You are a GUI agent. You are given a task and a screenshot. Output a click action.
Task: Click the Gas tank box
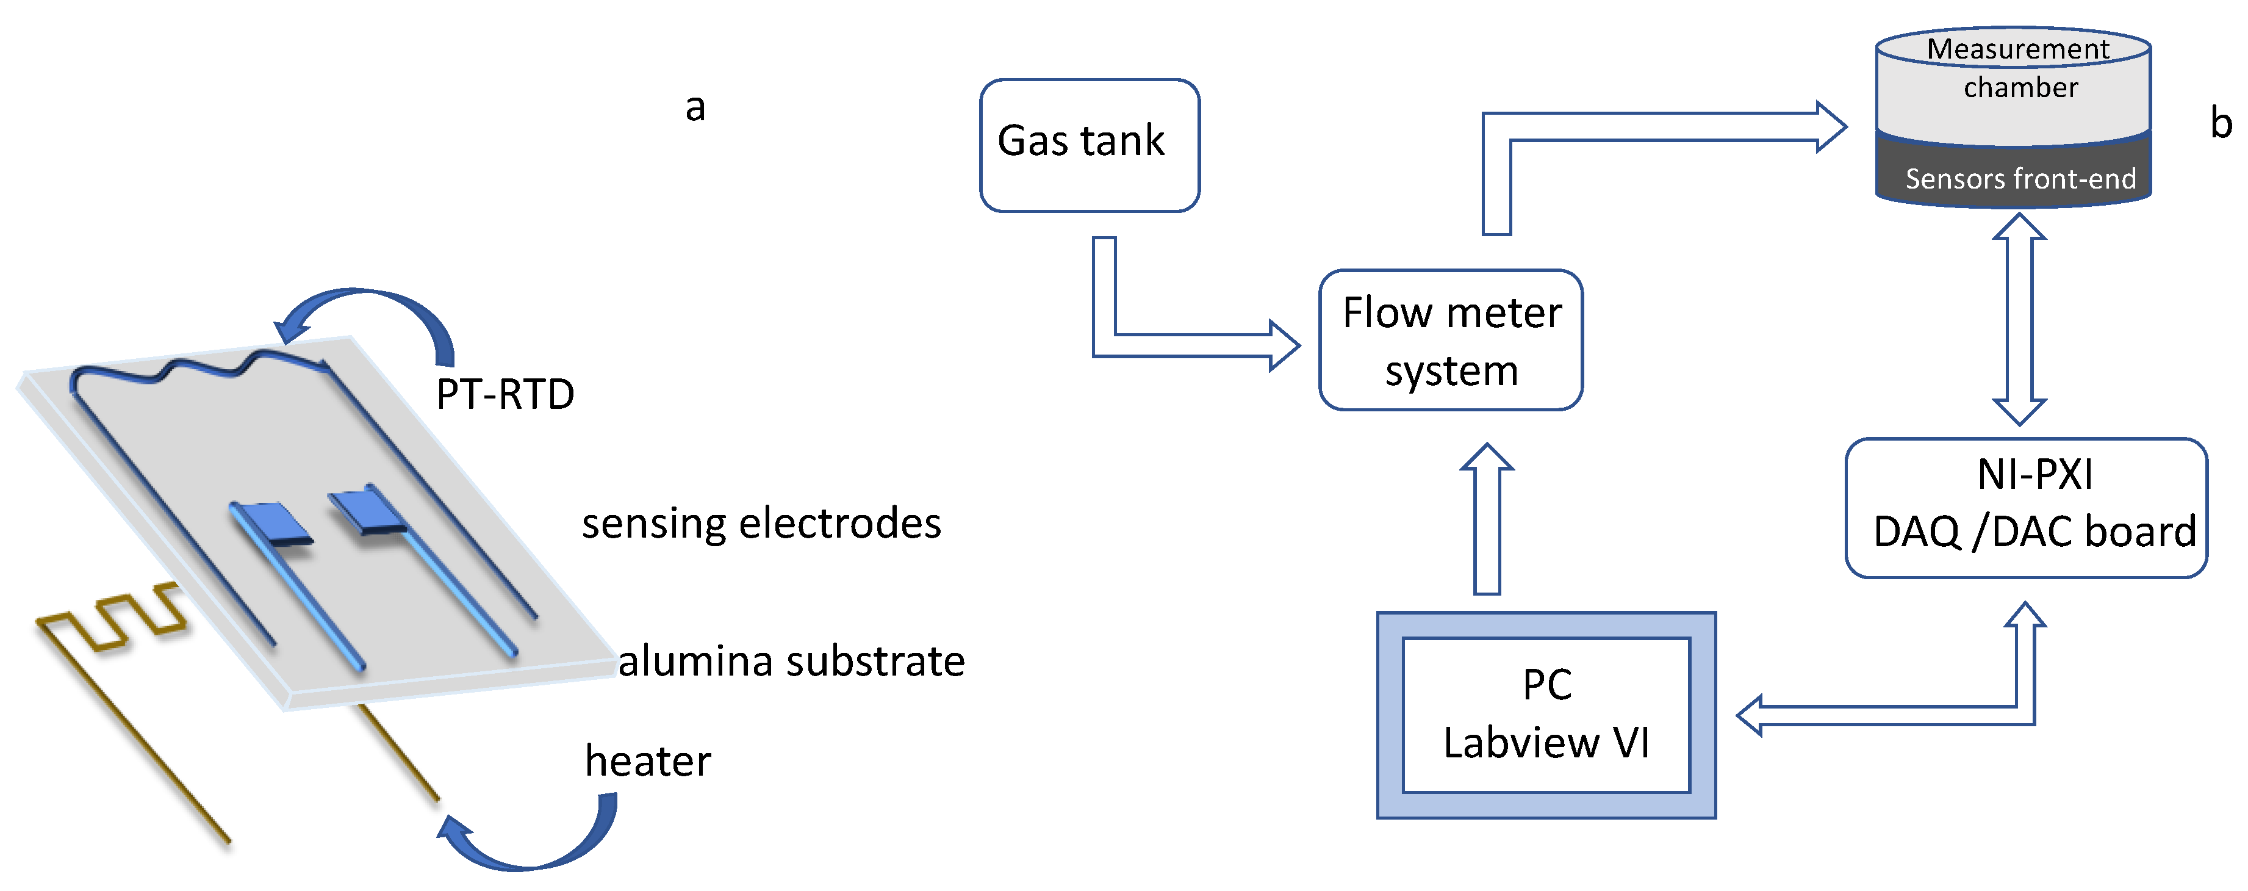pyautogui.click(x=1089, y=145)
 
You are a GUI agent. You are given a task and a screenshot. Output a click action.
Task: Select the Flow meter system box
pyautogui.click(x=1451, y=341)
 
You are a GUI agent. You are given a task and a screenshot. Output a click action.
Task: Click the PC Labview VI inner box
pyautogui.click(x=1545, y=715)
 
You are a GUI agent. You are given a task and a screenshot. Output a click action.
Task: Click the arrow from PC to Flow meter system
pyautogui.click(x=1487, y=524)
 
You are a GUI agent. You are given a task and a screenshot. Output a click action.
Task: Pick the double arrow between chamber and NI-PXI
pyautogui.click(x=2019, y=319)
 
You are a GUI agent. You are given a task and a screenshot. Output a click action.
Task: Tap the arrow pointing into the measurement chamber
pyautogui.click(x=1658, y=126)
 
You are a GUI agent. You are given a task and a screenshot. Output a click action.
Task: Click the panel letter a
pyautogui.click(x=695, y=108)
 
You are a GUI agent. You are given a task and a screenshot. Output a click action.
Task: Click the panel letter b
pyautogui.click(x=2221, y=123)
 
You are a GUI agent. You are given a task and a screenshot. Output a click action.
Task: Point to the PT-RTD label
pyautogui.click(x=505, y=394)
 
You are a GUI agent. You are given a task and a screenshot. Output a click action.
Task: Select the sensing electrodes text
pyautogui.click(x=761, y=524)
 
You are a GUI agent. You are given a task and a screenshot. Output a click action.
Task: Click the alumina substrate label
pyautogui.click(x=791, y=660)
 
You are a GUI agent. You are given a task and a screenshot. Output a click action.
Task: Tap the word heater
pyautogui.click(x=647, y=761)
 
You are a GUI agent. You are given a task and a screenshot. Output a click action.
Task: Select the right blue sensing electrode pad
pyautogui.click(x=367, y=511)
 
